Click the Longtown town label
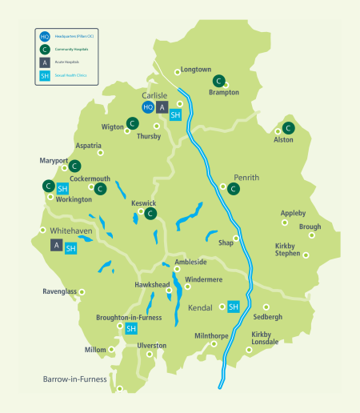click(x=197, y=70)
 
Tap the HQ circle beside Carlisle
click(x=148, y=107)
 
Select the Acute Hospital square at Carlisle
click(x=162, y=107)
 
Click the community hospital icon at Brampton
click(x=218, y=81)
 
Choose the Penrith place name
click(x=246, y=177)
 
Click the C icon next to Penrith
click(x=233, y=189)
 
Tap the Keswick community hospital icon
click(x=150, y=213)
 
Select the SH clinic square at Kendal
click(x=234, y=307)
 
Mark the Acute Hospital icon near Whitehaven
click(x=56, y=245)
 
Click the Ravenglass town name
click(x=60, y=291)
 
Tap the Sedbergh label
click(x=267, y=317)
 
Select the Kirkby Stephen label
click(x=287, y=249)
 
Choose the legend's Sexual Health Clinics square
click(x=45, y=77)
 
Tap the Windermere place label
click(x=203, y=279)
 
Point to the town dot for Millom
click(x=112, y=350)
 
